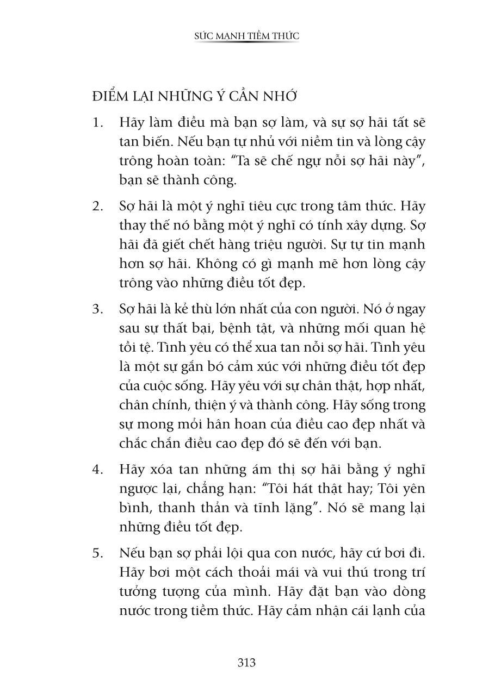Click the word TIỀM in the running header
click(249, 36)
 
